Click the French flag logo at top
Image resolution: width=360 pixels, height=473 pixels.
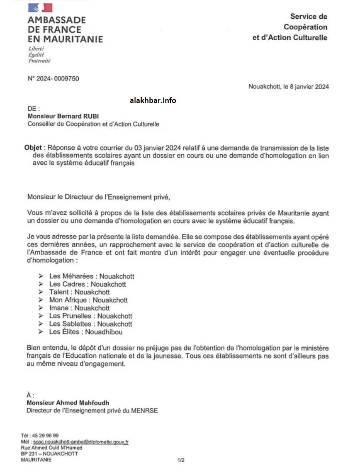click(x=40, y=8)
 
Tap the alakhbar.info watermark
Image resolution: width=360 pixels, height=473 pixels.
click(x=153, y=100)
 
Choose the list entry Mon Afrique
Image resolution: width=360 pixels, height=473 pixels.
click(x=68, y=300)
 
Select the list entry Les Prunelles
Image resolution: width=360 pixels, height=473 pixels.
click(x=68, y=316)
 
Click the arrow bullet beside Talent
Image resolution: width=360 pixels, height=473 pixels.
click(x=41, y=292)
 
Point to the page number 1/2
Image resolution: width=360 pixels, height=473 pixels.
click(x=181, y=460)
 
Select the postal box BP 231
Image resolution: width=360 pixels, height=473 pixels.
click(x=30, y=454)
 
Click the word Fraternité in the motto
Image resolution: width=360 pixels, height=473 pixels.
click(x=39, y=61)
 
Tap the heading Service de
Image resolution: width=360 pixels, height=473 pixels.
click(x=309, y=17)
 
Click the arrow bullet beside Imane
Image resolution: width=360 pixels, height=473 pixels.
click(x=41, y=308)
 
